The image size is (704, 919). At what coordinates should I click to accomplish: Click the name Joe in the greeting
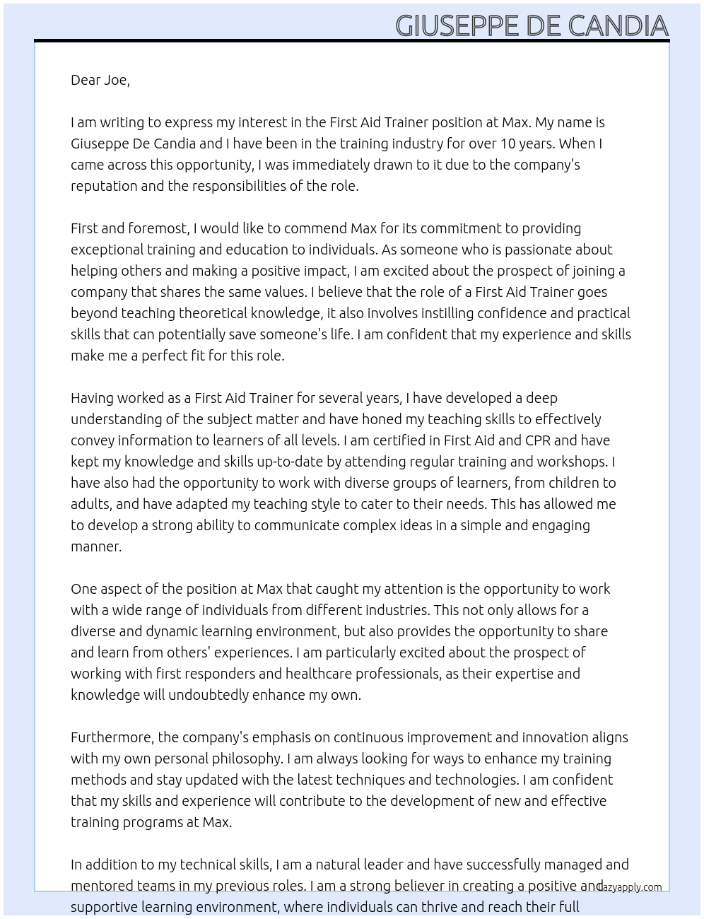[x=117, y=80]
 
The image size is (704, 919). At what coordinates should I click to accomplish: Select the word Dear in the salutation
[x=86, y=80]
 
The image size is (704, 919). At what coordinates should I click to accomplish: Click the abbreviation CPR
[x=537, y=440]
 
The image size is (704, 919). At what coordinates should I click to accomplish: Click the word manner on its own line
[x=95, y=546]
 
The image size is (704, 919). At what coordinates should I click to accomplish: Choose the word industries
[x=392, y=610]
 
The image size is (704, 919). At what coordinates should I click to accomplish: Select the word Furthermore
[x=112, y=737]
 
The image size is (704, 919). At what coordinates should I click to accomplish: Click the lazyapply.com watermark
[x=630, y=887]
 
